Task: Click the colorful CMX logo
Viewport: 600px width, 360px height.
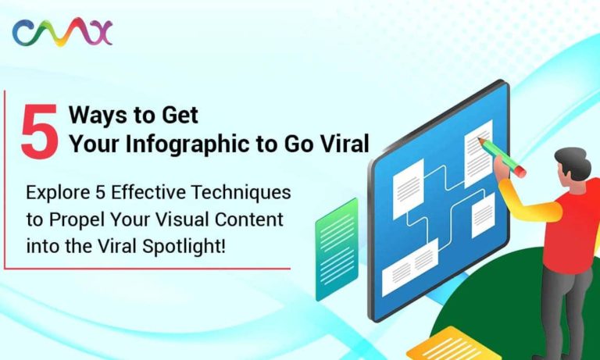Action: click(62, 32)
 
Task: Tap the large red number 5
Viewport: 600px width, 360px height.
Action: click(40, 132)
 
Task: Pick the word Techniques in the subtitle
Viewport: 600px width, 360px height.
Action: click(241, 193)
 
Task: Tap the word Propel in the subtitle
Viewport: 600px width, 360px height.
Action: click(77, 220)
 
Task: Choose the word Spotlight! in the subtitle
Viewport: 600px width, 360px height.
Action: click(184, 246)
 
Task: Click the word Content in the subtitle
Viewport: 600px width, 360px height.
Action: click(249, 219)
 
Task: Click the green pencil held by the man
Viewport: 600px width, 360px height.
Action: click(502, 158)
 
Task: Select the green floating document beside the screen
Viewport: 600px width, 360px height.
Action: click(337, 249)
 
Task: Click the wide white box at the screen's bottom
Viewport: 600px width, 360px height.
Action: click(410, 267)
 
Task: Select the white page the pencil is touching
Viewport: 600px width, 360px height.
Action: click(478, 153)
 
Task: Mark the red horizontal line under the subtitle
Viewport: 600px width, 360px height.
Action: click(148, 269)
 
